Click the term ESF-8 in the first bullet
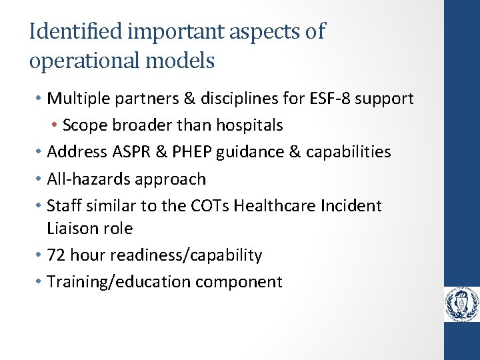[x=331, y=99]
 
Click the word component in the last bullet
[x=239, y=282]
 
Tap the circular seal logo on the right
[x=462, y=305]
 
